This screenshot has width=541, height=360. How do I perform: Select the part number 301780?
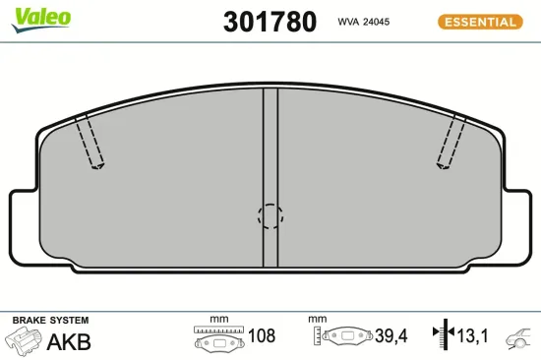[270, 22]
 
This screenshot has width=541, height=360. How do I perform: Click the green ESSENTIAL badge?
[479, 22]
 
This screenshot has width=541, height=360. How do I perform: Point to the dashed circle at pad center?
[270, 215]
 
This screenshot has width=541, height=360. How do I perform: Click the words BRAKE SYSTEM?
[50, 321]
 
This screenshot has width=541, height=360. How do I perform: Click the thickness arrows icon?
[441, 336]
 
